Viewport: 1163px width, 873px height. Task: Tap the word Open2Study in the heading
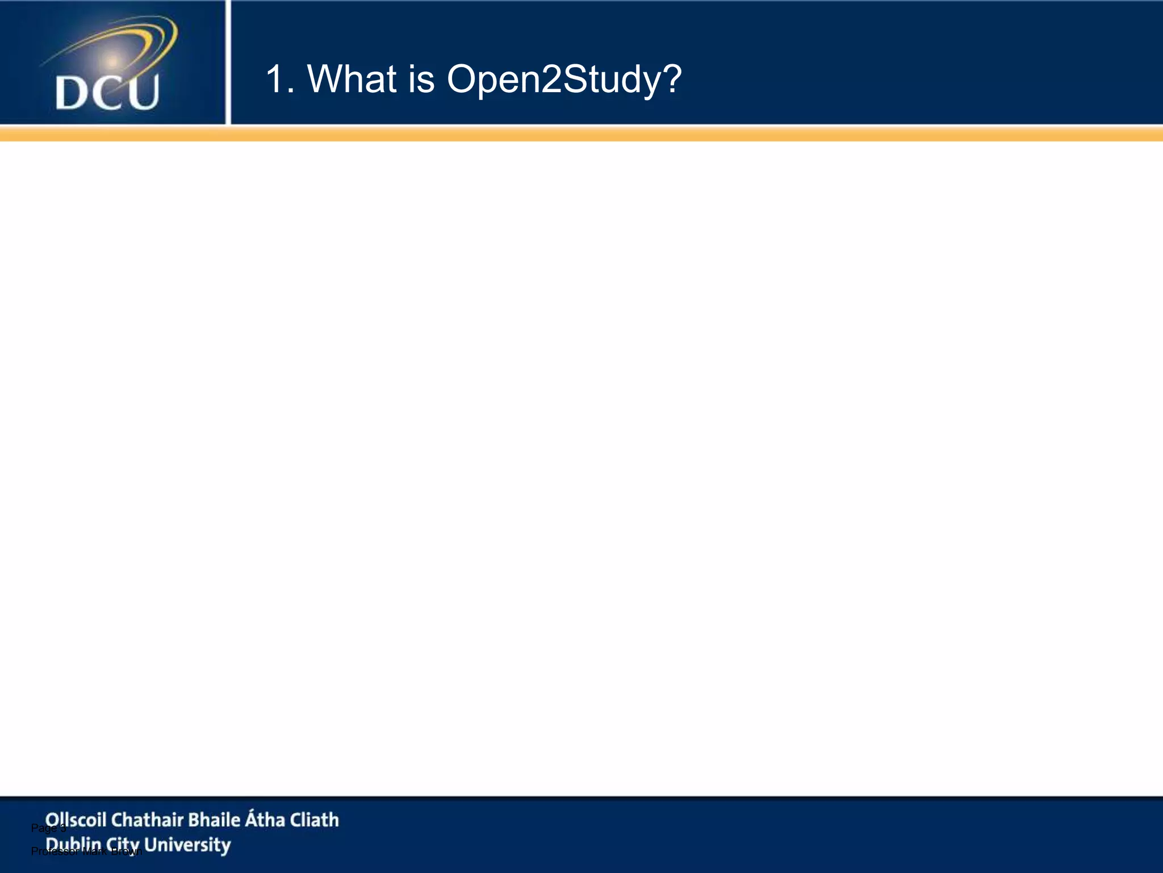[554, 80]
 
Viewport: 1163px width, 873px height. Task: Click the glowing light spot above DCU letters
[113, 60]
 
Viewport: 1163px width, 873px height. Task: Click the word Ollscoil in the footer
[76, 820]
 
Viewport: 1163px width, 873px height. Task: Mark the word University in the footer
[187, 845]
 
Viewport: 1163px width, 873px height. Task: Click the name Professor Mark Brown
[85, 851]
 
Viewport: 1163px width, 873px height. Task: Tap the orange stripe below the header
[581, 134]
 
